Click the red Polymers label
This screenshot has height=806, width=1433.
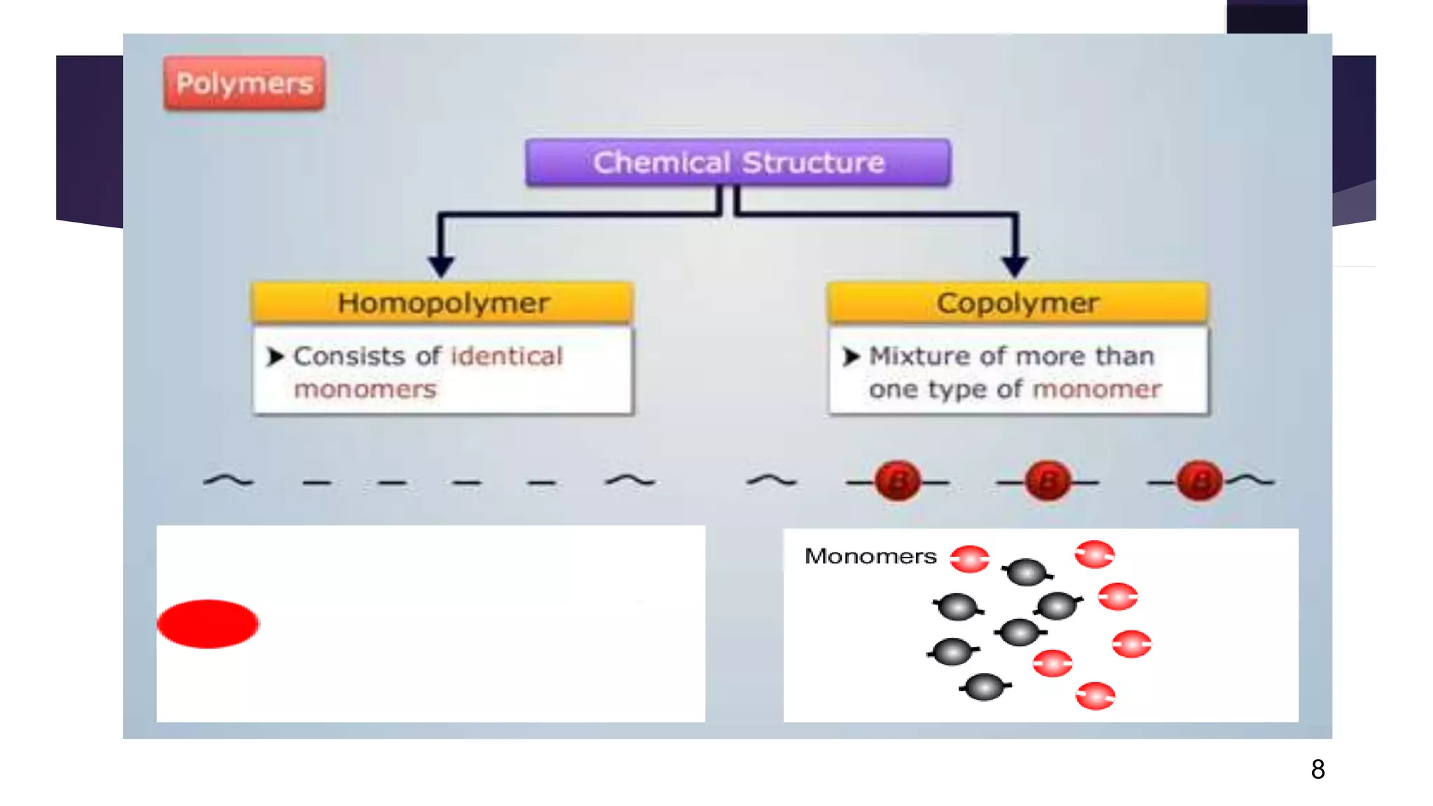[x=244, y=83]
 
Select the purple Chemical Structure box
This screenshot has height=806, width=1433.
[x=738, y=162]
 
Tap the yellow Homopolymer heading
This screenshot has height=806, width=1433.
[x=443, y=303]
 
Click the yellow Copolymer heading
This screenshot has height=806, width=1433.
[x=1018, y=303]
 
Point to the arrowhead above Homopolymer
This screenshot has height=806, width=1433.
[x=441, y=266]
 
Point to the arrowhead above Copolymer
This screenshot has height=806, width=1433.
[x=1015, y=266]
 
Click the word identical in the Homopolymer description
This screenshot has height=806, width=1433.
[x=507, y=356]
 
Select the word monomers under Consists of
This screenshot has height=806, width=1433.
[x=365, y=389]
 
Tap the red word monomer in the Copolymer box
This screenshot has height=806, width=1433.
[x=1097, y=389]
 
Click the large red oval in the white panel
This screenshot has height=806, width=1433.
[x=208, y=623]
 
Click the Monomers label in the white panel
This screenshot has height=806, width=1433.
[x=870, y=556]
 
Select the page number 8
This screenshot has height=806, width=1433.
[x=1318, y=770]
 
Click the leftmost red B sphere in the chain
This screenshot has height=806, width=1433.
[x=898, y=481]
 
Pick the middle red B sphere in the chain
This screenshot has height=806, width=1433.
[x=1047, y=481]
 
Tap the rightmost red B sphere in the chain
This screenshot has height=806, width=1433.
[x=1199, y=481]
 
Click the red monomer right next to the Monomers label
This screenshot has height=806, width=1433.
[x=970, y=559]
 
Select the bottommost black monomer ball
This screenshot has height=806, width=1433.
[x=984, y=687]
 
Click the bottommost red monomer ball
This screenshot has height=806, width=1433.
[x=1095, y=695]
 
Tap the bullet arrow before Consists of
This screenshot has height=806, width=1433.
[x=275, y=357]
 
